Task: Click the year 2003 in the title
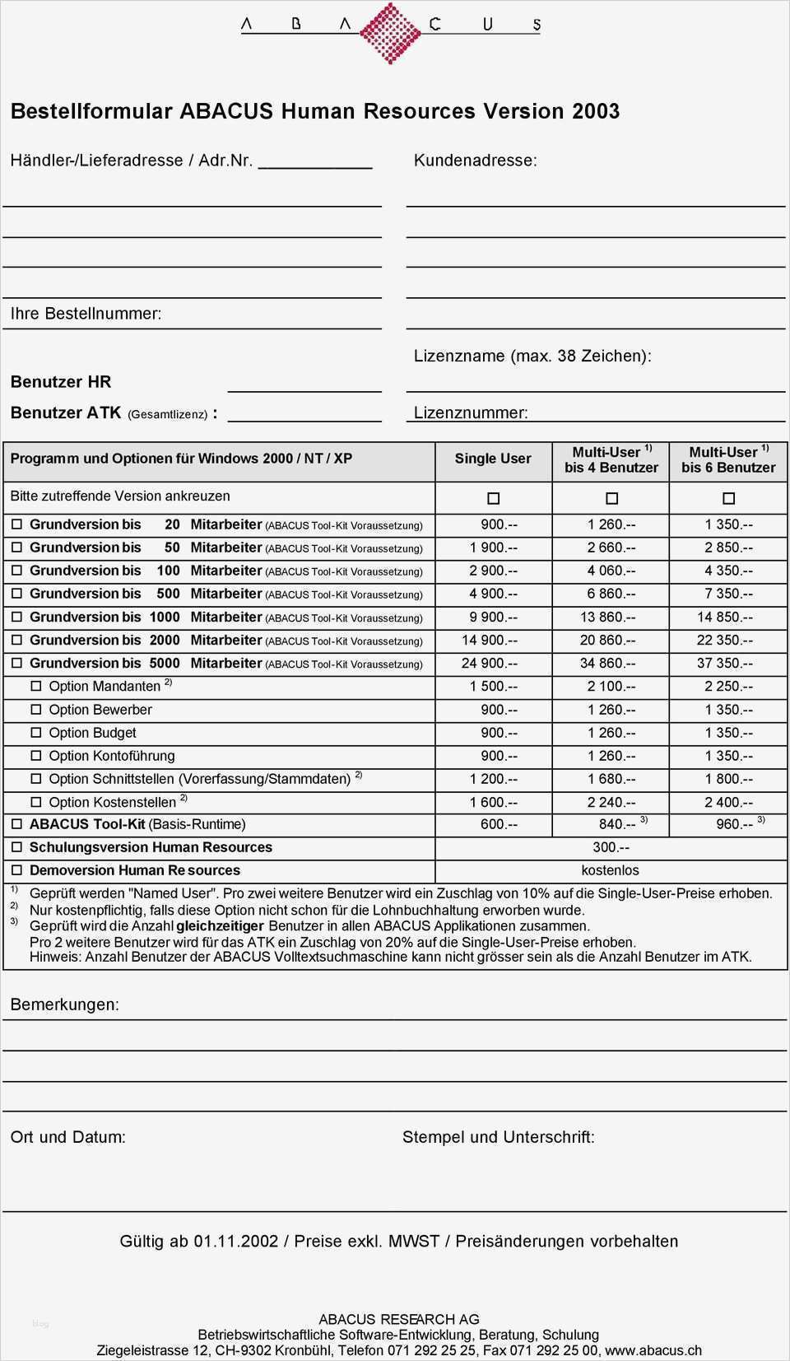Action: pos(596,112)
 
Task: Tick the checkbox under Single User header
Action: pos(493,498)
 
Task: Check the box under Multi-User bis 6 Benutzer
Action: pos(728,498)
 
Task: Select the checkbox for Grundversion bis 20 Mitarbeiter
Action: pos(16,524)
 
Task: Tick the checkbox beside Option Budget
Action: pos(36,733)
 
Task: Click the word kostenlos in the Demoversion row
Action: pos(610,870)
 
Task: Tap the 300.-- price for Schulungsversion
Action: pos(611,847)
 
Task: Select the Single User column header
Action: pos(493,459)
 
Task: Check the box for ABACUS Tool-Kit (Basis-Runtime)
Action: pos(16,824)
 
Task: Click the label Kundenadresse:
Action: pos(475,161)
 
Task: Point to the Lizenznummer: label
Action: pos(471,413)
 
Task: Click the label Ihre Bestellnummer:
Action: pos(86,314)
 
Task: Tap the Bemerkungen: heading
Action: pos(64,1004)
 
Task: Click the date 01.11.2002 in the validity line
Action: pos(236,1242)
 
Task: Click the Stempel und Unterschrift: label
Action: pos(498,1137)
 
